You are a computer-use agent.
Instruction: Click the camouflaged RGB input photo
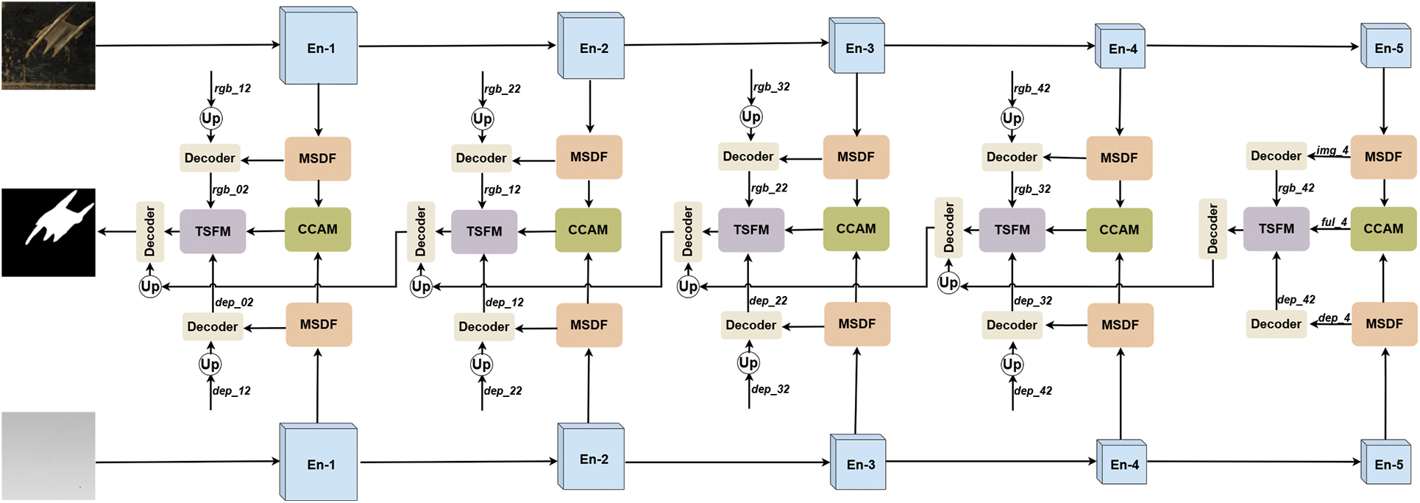[x=49, y=46]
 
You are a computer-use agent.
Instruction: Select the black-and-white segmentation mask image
[x=49, y=232]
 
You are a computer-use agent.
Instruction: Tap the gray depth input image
[x=49, y=456]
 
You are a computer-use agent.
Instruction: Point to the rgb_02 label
[x=231, y=190]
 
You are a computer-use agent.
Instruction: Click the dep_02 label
[x=235, y=303]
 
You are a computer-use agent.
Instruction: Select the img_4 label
[x=1332, y=150]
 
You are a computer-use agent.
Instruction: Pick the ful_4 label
[x=1334, y=222]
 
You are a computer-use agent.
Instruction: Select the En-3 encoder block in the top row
[x=858, y=47]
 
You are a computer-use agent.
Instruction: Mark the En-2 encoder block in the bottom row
[x=592, y=458]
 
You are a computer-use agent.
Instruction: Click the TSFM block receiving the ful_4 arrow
[x=1276, y=229]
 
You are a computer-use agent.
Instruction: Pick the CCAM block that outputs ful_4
[x=1383, y=229]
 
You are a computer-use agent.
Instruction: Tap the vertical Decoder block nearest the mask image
[x=150, y=231]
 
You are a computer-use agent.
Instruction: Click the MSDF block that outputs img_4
[x=1383, y=157]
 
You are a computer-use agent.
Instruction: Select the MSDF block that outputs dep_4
[x=1384, y=324]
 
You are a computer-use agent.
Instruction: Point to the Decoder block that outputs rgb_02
[x=210, y=158]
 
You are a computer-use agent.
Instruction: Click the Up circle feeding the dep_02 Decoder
[x=210, y=364]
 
